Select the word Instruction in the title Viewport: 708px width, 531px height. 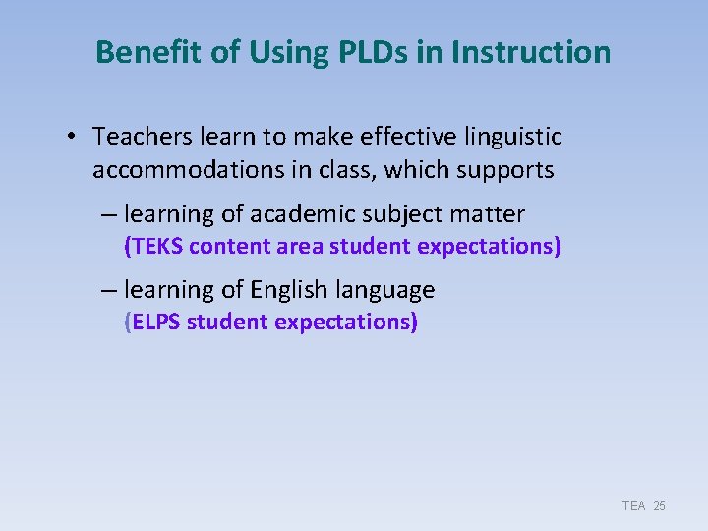[x=531, y=52]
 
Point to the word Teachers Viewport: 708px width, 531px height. [x=140, y=136]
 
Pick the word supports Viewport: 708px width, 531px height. [x=510, y=170]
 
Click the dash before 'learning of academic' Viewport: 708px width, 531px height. [x=109, y=214]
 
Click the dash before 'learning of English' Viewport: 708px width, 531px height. [x=109, y=290]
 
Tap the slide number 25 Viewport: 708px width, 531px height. [x=659, y=505]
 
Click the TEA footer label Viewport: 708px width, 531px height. [x=633, y=505]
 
